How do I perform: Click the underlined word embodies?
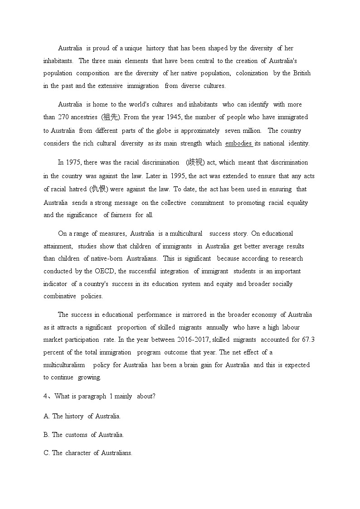[238, 143]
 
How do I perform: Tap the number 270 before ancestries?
[63, 117]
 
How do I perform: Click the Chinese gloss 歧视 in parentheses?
[195, 162]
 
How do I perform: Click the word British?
[302, 73]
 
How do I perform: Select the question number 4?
[45, 396]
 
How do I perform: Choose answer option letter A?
[46, 416]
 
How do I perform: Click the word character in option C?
[78, 453]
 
